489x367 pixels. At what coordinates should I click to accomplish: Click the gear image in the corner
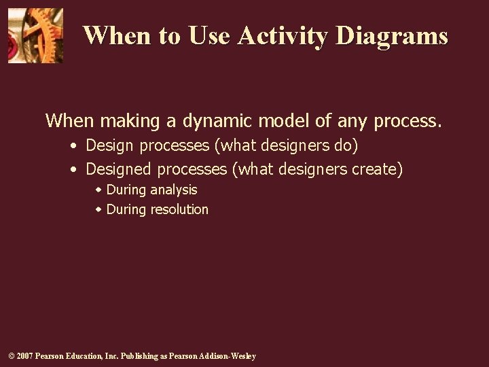pos(35,35)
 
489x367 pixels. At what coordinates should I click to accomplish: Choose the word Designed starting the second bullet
pos(119,169)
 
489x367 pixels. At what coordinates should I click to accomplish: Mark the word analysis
pos(174,190)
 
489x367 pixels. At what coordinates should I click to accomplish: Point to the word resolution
pos(179,209)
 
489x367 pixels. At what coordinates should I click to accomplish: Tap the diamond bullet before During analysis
pos(98,190)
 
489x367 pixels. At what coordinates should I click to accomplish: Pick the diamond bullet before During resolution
pos(98,209)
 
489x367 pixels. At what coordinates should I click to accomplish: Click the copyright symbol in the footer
pos(11,356)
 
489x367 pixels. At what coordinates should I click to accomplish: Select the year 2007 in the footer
pos(24,356)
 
